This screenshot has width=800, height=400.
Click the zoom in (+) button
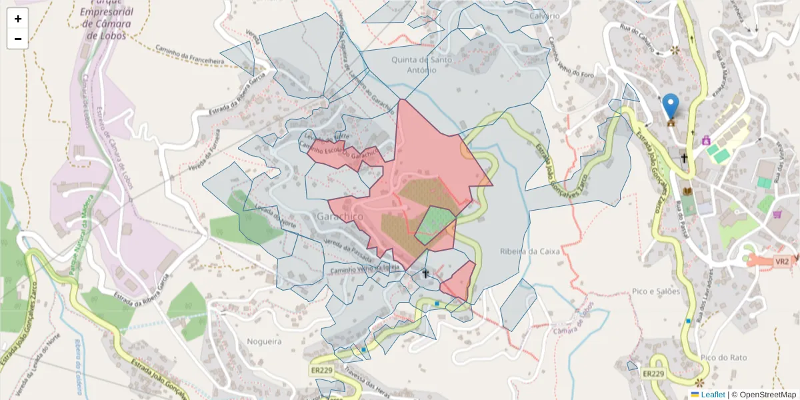[x=17, y=19]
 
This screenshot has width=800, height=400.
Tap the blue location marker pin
[x=671, y=107]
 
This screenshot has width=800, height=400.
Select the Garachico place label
[x=339, y=217]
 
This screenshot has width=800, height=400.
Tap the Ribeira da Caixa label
[x=530, y=251]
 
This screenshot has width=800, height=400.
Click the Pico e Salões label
[x=656, y=291]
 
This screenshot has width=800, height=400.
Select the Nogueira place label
[x=265, y=341]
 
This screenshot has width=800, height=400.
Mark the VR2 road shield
[x=782, y=261]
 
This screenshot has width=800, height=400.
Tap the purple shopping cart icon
[x=777, y=215]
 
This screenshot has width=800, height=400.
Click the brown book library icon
[x=687, y=191]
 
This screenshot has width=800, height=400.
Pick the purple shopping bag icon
[x=706, y=140]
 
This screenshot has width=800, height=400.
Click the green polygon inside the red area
[x=435, y=225]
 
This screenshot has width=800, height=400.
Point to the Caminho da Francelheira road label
[x=190, y=55]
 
